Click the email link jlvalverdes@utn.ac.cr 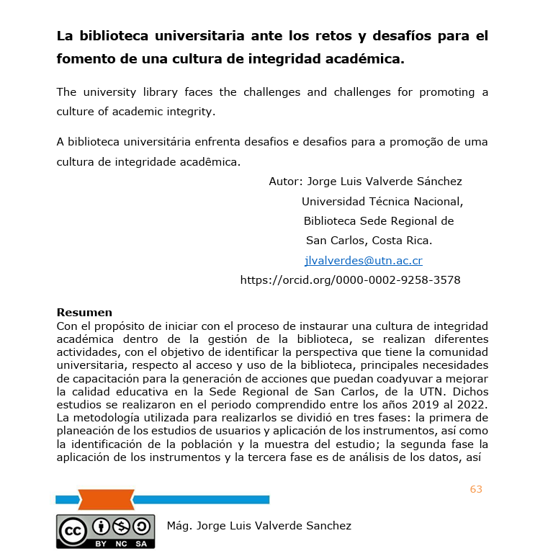point(363,261)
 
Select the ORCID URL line point(350,279)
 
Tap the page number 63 point(476,489)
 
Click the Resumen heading point(84,313)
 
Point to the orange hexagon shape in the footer point(106,499)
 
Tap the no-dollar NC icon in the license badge point(121,526)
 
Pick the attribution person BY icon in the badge point(101,526)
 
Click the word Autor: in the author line point(285,182)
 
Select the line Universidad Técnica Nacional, point(382,202)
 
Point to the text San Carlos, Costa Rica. point(369,241)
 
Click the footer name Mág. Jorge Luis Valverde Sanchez point(259,526)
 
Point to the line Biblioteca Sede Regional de point(378,221)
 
